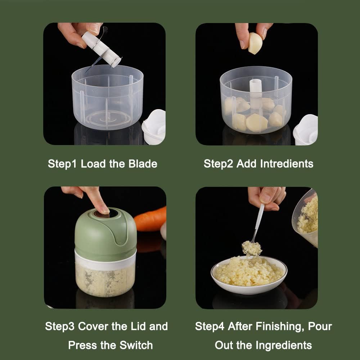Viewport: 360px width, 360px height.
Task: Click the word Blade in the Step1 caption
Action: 143,164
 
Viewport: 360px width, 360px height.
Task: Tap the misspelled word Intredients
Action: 287,164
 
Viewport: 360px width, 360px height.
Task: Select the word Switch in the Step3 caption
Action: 136,345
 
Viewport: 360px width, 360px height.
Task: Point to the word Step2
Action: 219,164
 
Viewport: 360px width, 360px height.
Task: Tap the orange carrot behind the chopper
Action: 150,219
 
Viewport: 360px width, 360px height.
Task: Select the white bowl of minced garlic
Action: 249,275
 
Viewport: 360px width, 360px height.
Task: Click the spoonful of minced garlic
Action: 252,248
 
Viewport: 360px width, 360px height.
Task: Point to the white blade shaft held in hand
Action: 101,49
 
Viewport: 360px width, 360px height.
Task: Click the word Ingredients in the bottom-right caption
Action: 284,346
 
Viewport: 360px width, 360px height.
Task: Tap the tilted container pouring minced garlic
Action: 305,218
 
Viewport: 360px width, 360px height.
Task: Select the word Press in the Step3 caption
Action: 82,345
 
